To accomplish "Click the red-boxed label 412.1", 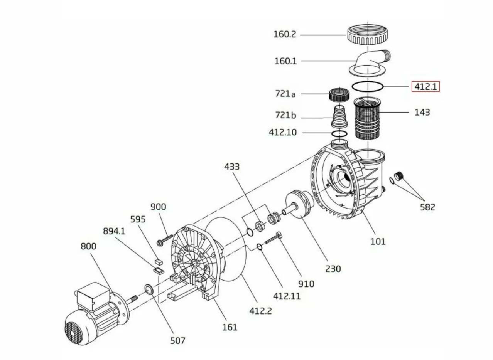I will click(425, 87).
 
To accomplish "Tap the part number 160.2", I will click(285, 34).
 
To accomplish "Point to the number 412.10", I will click(283, 133).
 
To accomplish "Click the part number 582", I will click(427, 207).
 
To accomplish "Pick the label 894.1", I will click(114, 231).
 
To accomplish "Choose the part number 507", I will click(178, 340).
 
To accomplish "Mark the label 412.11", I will click(287, 296).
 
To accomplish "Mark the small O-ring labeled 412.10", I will click(339, 134).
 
